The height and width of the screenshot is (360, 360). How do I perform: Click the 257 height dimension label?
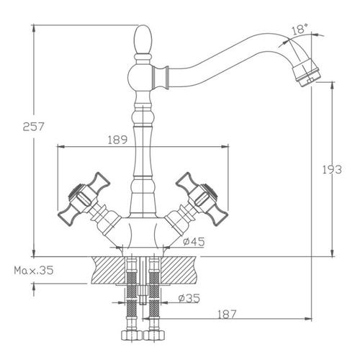pos(34,127)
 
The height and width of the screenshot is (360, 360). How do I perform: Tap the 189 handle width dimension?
pos(117,140)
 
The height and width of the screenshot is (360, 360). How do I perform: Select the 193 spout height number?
pos(332,170)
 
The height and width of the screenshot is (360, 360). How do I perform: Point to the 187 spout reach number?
pos(227,314)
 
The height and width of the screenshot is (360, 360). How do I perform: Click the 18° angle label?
pos(300,29)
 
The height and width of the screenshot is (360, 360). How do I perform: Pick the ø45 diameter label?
pos(194,242)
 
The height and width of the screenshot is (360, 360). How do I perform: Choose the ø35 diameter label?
pos(189,298)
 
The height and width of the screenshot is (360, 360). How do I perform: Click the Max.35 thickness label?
pos(34,271)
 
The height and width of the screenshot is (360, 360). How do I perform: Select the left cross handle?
pos(84,199)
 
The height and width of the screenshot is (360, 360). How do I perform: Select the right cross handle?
pos(202,199)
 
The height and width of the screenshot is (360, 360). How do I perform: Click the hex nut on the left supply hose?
pos(132,335)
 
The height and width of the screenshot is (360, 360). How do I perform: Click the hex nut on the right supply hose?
pos(154,335)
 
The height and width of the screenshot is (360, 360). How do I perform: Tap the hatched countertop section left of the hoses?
pos(109,270)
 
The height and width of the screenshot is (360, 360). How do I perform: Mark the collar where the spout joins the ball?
pos(161,77)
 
